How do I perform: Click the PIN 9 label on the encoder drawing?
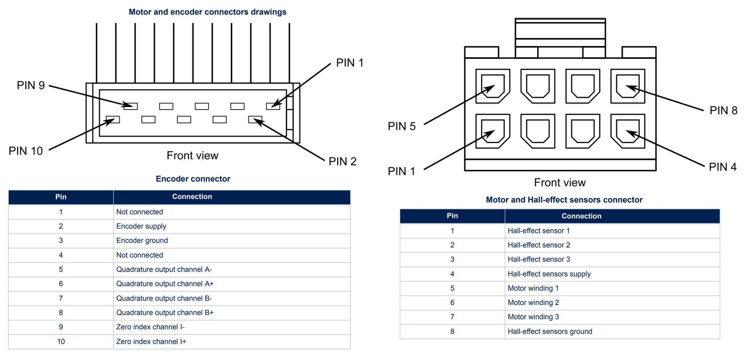pos(31,85)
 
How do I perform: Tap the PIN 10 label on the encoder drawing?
pos(26,151)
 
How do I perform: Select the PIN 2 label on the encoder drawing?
pos(342,161)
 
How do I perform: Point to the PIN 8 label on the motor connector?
pos(723,110)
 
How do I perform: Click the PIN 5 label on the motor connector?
pos(402,126)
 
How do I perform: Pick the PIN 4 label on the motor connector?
pos(723,167)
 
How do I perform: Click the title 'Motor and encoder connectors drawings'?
pos(207,12)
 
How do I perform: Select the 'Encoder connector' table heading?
pos(193,179)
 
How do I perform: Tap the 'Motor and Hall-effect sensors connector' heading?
pos(564,200)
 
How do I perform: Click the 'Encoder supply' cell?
pos(141,226)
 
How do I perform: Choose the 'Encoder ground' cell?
pos(142,240)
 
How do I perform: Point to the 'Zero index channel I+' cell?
pos(151,342)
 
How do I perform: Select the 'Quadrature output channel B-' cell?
pos(164,298)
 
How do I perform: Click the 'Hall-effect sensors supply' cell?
pos(549,274)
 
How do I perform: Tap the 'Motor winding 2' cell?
pos(533,302)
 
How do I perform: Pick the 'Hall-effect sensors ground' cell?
pos(550,331)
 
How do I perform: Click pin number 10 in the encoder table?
pos(61,342)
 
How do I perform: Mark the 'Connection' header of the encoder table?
pos(192,197)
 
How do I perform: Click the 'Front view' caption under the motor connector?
pos(560,183)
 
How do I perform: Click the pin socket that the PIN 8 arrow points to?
pos(627,86)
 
